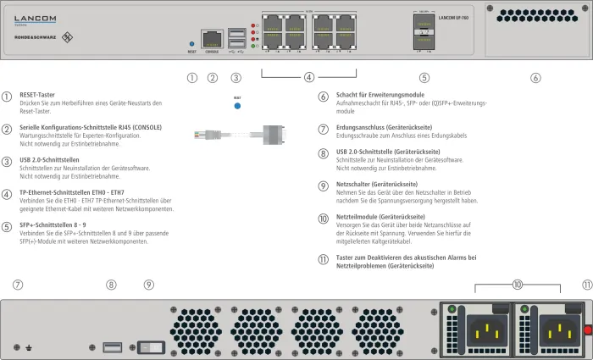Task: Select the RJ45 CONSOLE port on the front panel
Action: tap(212, 39)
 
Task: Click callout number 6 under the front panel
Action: tap(535, 78)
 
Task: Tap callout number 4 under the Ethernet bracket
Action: tap(309, 78)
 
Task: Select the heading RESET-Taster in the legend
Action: tap(36, 95)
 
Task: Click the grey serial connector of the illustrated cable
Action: tap(271, 134)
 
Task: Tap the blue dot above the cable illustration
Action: tap(237, 107)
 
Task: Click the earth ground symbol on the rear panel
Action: tap(30, 346)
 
